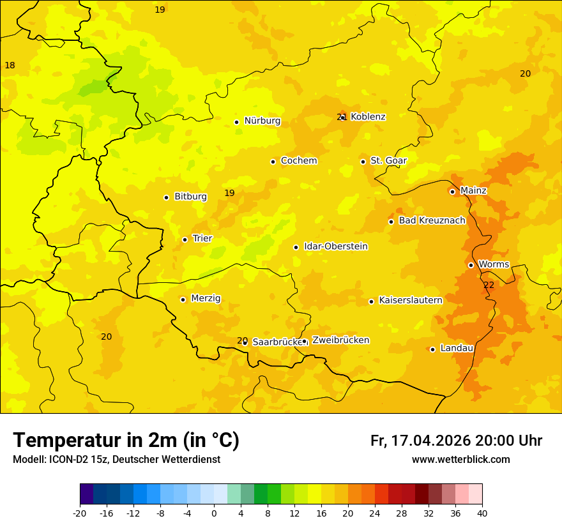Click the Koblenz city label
click(368, 117)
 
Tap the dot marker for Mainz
click(452, 192)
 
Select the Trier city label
click(202, 239)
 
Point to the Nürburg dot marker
click(236, 122)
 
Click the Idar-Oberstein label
click(336, 246)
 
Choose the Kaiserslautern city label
click(411, 300)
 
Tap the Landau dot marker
click(432, 349)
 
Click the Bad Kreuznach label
click(432, 220)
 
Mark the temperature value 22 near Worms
click(489, 285)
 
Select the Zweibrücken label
click(340, 340)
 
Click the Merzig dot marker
click(183, 299)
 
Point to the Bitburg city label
click(190, 197)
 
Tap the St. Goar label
click(388, 161)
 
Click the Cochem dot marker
click(273, 162)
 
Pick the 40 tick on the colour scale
click(482, 513)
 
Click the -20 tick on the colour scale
click(80, 513)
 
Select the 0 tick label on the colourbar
click(214, 513)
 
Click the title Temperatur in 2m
click(126, 441)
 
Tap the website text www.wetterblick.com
click(460, 460)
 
